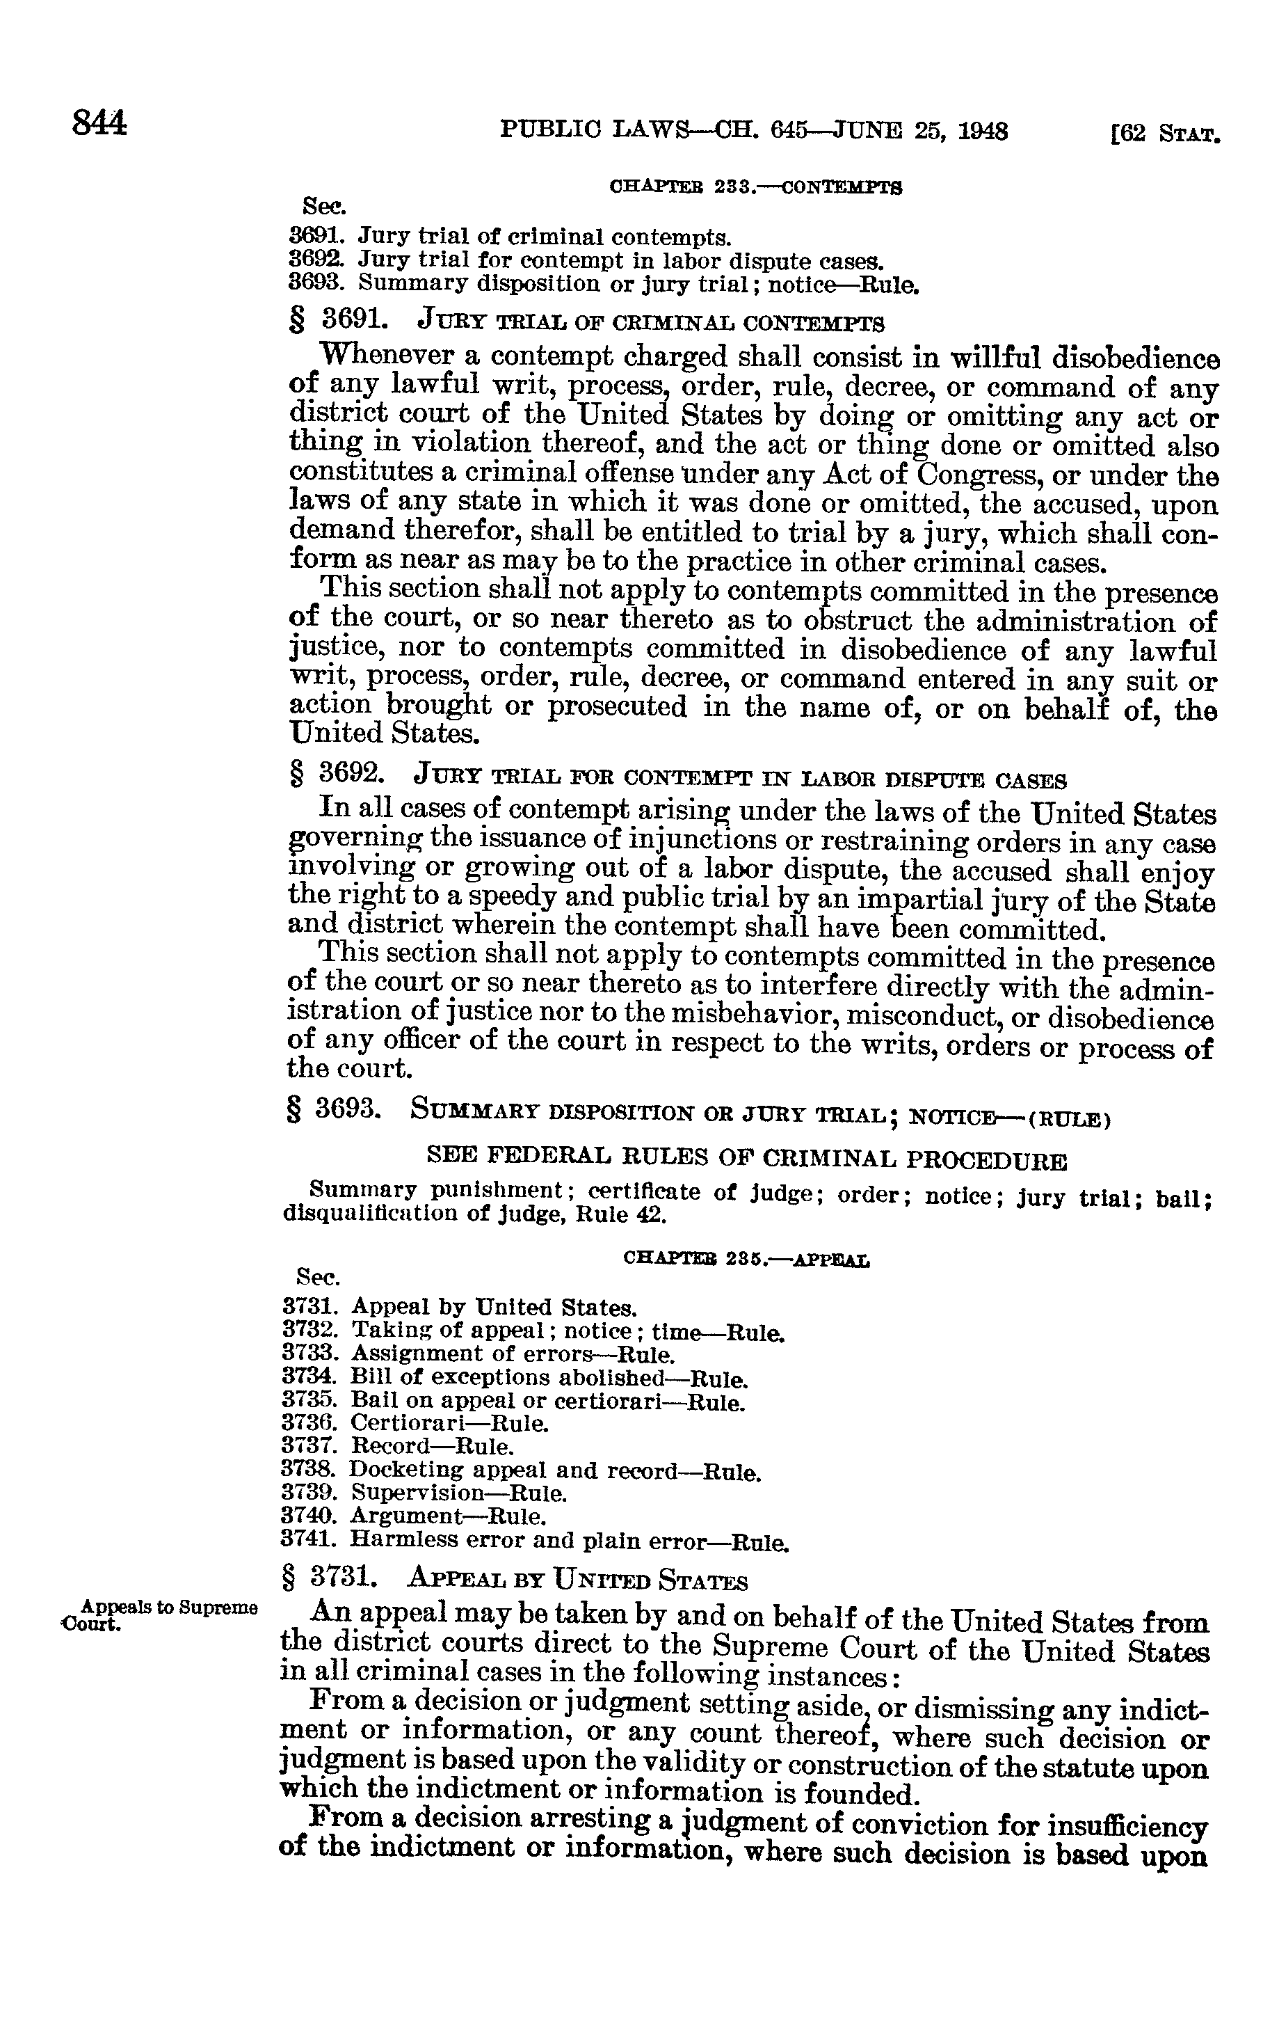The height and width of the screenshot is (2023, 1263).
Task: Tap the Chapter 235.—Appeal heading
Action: click(x=746, y=1258)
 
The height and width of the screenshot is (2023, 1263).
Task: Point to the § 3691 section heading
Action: click(x=586, y=320)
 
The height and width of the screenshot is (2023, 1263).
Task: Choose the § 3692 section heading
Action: click(x=677, y=779)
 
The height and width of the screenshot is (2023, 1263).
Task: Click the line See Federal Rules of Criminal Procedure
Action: click(x=747, y=1160)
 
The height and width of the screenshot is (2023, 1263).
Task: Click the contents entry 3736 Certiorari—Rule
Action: click(x=416, y=1422)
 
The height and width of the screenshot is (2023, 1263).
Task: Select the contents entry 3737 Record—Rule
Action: click(x=399, y=1445)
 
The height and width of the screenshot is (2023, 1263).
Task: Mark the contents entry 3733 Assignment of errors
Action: click(x=478, y=1353)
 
